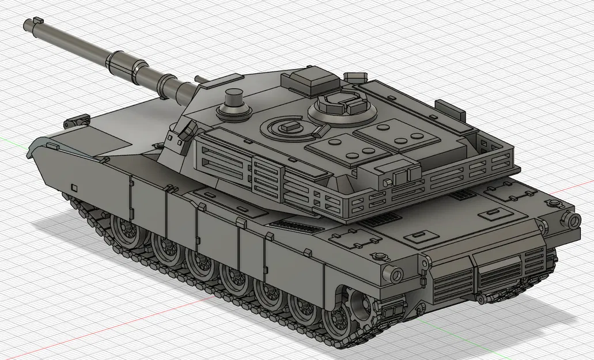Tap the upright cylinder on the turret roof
[233, 98]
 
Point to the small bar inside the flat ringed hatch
[286, 126]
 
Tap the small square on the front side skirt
[74, 188]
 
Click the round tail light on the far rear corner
[574, 219]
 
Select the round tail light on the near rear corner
[396, 275]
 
